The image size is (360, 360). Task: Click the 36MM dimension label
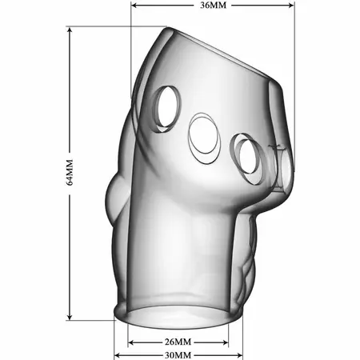pyautogui.click(x=213, y=5)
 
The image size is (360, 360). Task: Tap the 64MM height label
pyautogui.click(x=70, y=173)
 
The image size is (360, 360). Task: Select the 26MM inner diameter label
pyautogui.click(x=178, y=342)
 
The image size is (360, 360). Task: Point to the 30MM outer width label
pyautogui.click(x=178, y=355)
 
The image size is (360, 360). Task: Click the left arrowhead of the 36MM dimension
pyautogui.click(x=135, y=5)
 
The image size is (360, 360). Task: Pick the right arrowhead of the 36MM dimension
pyautogui.click(x=290, y=5)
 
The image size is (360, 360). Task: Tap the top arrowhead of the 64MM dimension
pyautogui.click(x=70, y=31)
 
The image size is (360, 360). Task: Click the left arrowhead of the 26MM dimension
pyautogui.click(x=132, y=342)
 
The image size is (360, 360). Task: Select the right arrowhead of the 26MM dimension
pyautogui.click(x=224, y=342)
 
